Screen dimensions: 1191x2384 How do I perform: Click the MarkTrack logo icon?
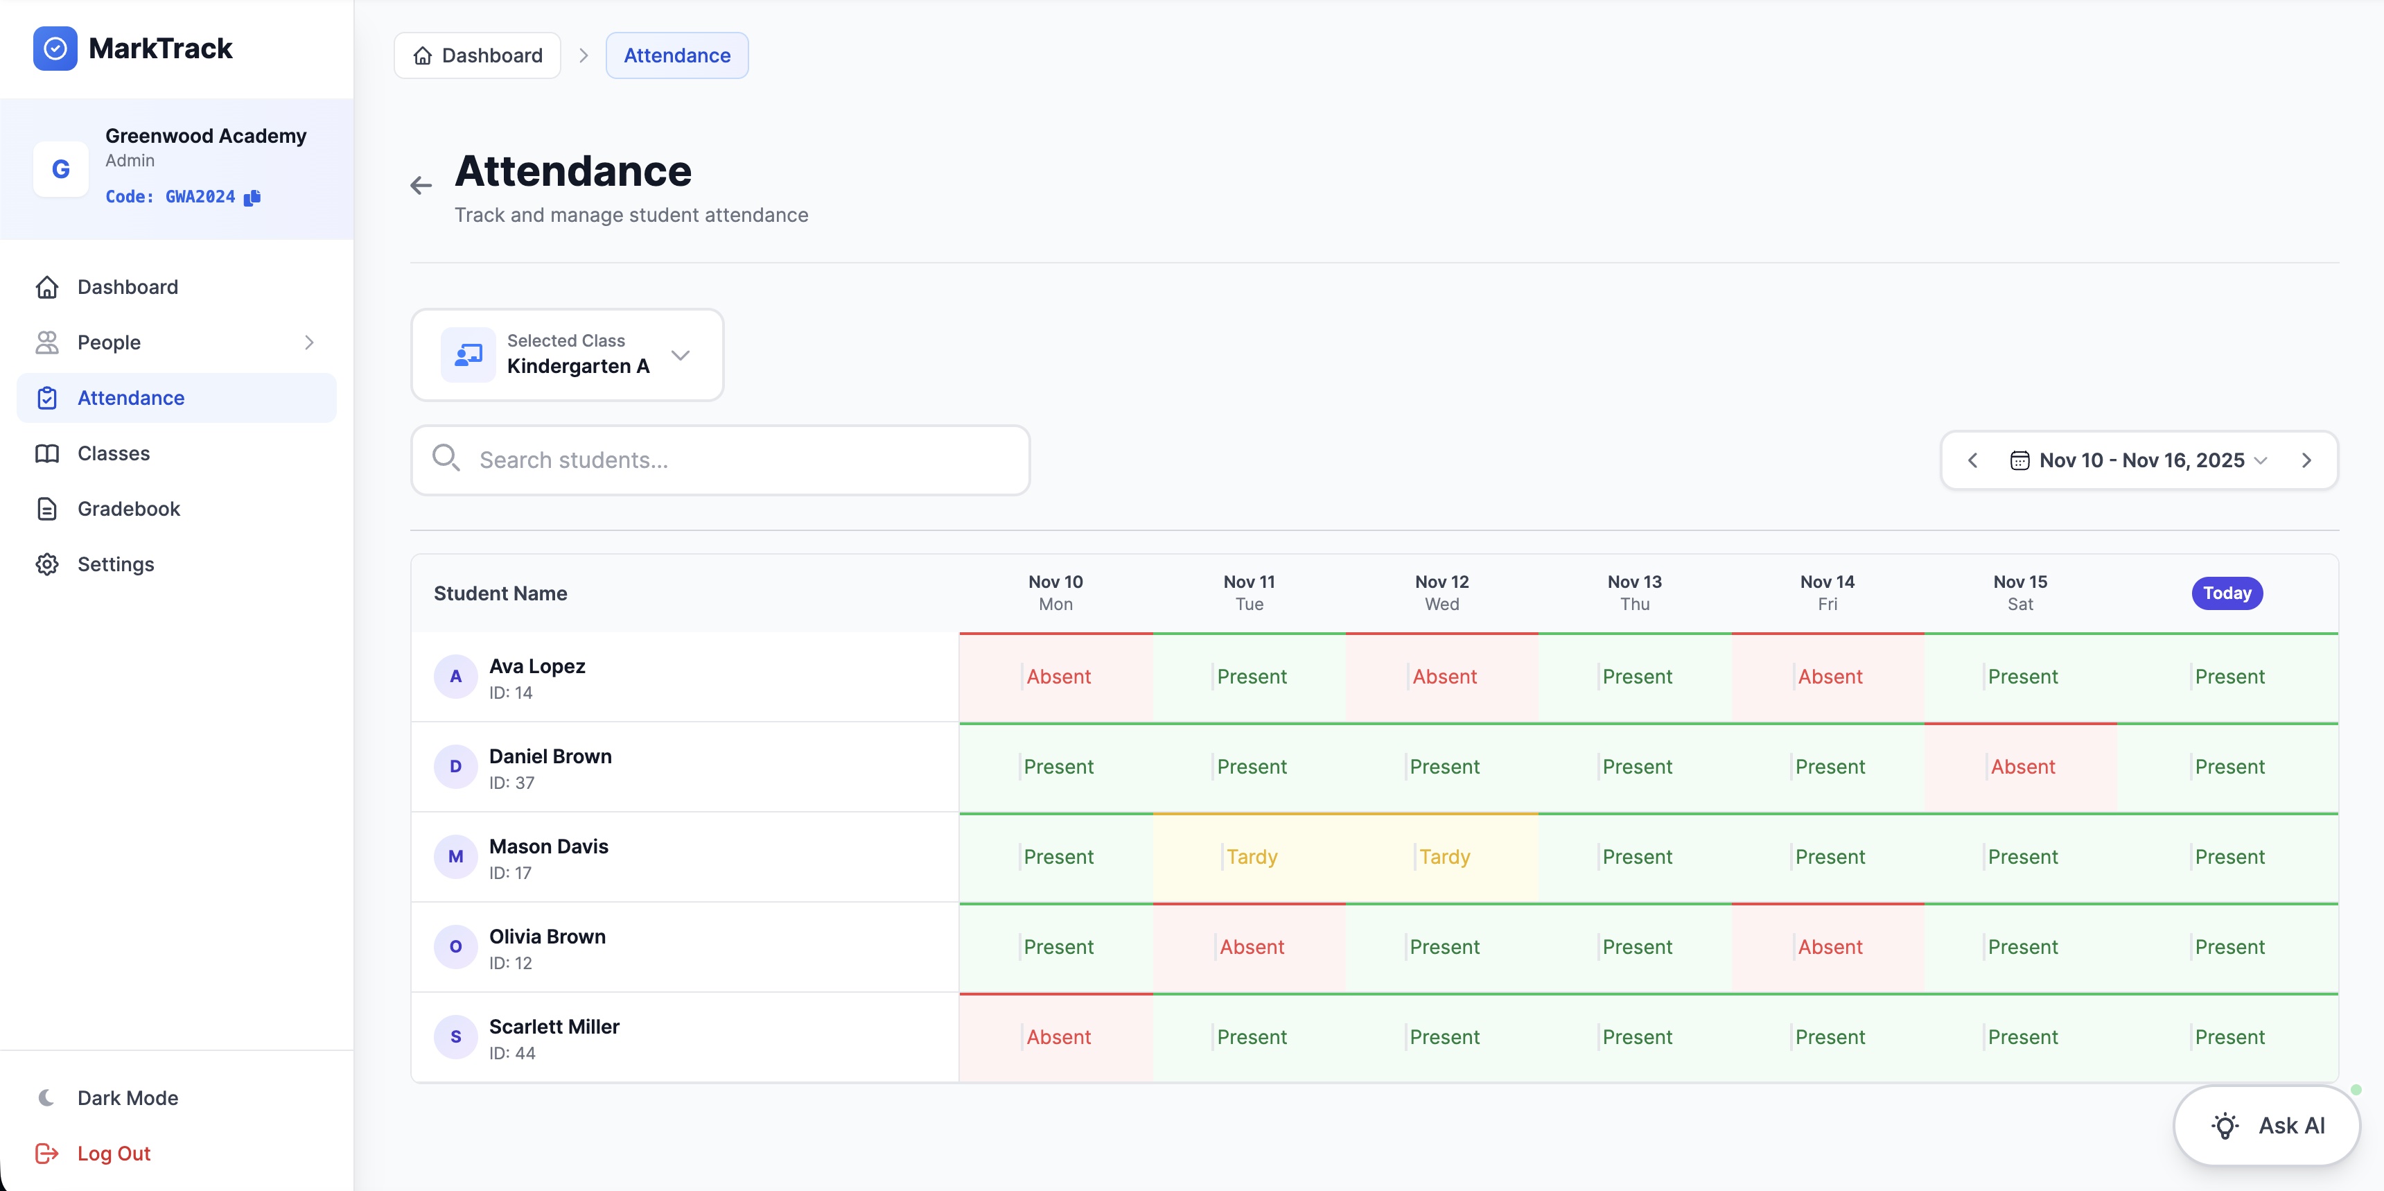(x=55, y=48)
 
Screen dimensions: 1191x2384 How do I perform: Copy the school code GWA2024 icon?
(x=253, y=197)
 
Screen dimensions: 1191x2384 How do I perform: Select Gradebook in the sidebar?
(x=129, y=509)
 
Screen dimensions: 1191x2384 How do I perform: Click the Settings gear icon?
(x=47, y=564)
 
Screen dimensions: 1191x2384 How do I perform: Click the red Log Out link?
(x=113, y=1153)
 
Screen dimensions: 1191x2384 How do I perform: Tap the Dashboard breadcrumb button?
(x=477, y=55)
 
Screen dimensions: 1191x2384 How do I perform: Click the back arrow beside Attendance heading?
(x=421, y=186)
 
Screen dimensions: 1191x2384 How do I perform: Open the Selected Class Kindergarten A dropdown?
(x=566, y=354)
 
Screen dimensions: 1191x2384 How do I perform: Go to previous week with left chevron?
(x=1972, y=460)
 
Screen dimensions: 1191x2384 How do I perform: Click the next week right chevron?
(x=2306, y=460)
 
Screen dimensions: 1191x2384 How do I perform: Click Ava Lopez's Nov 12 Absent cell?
(x=1443, y=677)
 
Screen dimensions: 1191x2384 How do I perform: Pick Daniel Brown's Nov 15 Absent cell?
(x=2022, y=766)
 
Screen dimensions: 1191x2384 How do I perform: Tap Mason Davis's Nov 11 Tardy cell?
(x=1250, y=857)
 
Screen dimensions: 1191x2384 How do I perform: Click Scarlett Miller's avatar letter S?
(x=455, y=1036)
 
